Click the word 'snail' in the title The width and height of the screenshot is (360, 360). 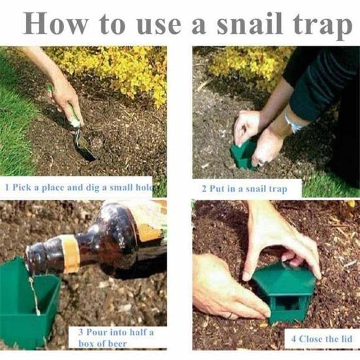click(x=250, y=24)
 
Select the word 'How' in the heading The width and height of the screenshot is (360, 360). click(x=56, y=24)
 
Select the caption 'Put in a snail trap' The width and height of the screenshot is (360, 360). click(x=244, y=189)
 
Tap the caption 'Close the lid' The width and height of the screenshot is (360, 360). click(x=321, y=339)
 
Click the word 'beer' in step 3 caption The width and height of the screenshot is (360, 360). click(x=118, y=344)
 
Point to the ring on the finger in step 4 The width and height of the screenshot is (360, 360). click(x=230, y=316)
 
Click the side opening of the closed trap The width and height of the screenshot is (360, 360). click(x=284, y=304)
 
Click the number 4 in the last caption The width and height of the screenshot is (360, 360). click(x=293, y=339)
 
